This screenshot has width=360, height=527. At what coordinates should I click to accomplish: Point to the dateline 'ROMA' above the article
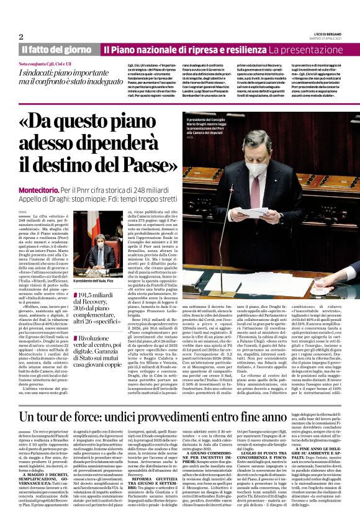point(22,211)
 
